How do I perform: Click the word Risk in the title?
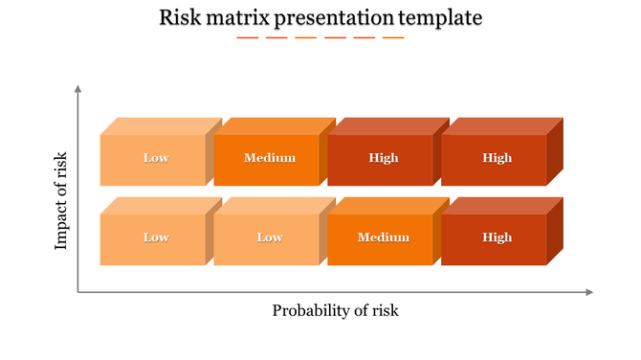(x=180, y=17)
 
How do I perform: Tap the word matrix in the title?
(x=239, y=17)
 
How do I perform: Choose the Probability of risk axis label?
(x=335, y=310)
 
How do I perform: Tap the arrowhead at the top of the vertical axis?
(x=77, y=89)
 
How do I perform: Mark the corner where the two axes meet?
(x=77, y=292)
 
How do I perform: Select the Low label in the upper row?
(x=156, y=158)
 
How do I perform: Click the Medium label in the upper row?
(x=270, y=158)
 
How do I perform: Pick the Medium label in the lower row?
(x=383, y=237)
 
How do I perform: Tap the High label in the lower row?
(x=497, y=237)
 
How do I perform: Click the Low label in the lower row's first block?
(x=156, y=237)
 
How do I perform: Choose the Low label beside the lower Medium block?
(x=270, y=237)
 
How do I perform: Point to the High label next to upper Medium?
(x=383, y=158)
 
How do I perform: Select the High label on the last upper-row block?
(x=497, y=158)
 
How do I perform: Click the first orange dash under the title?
(x=247, y=37)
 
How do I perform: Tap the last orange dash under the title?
(x=393, y=37)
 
